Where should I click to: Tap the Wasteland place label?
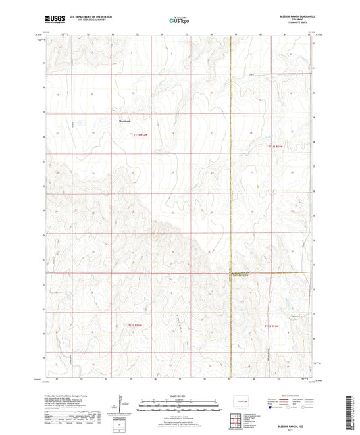click(124, 122)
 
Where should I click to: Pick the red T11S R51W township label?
click(278, 146)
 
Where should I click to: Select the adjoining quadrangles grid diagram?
click(237, 419)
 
